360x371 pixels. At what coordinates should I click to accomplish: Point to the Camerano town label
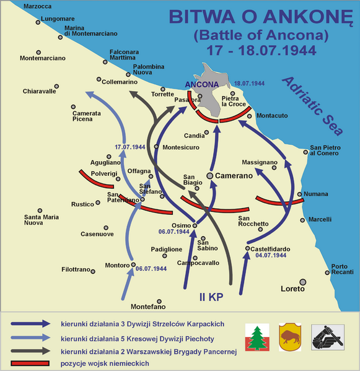click(234, 176)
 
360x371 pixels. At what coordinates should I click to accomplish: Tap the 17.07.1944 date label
click(130, 147)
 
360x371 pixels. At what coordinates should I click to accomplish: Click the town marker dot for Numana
click(300, 194)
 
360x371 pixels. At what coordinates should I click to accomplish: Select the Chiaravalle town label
click(39, 91)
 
